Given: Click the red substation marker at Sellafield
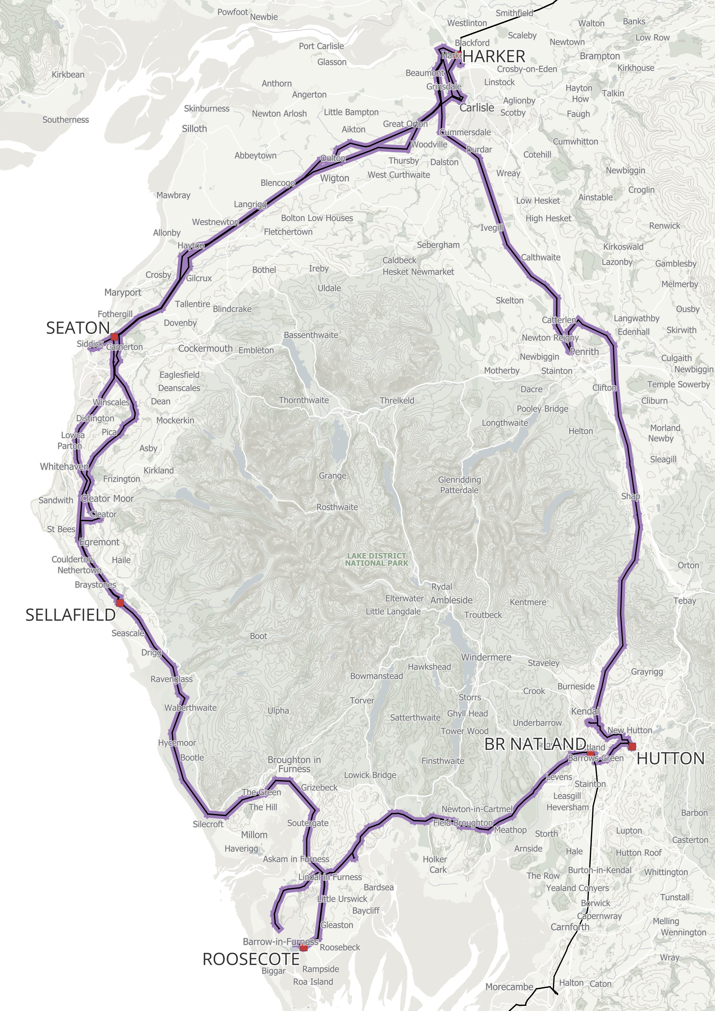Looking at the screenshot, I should tap(120, 602).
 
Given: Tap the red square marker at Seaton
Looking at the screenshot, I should tap(115, 337).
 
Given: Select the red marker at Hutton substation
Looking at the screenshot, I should tap(632, 746).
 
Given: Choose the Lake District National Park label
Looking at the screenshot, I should tap(377, 559).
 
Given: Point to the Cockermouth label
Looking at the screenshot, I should tap(205, 348).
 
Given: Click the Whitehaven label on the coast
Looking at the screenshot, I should tap(64, 466).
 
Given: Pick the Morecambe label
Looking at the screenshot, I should tap(509, 987).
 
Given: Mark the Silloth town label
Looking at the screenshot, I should tap(194, 129).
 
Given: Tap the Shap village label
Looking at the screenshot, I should tap(630, 496).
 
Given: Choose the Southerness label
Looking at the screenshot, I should tap(66, 120).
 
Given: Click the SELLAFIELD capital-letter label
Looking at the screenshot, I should tap(71, 615).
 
